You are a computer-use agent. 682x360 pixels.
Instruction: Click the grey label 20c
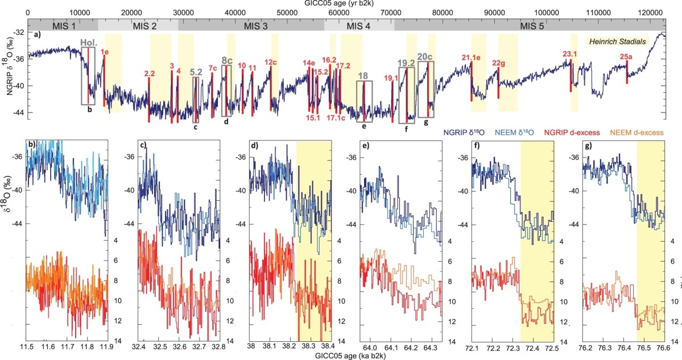tap(425, 56)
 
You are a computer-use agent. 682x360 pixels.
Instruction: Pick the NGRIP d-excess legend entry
tap(577, 133)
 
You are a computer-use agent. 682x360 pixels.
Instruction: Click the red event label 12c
tap(271, 62)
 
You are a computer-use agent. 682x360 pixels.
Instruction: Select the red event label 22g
tap(498, 63)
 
